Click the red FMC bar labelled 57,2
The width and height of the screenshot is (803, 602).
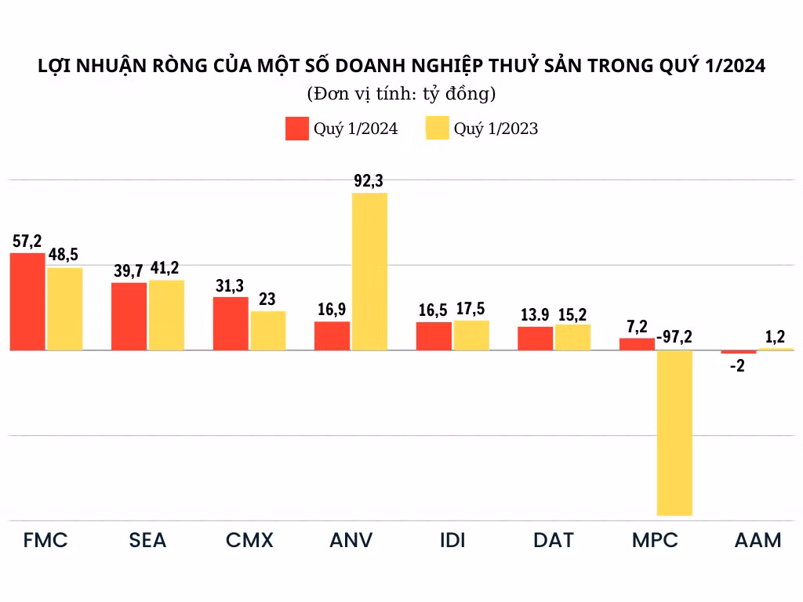click(27, 301)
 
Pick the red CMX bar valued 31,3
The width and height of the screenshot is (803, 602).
click(231, 323)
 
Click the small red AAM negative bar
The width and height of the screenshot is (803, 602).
click(739, 352)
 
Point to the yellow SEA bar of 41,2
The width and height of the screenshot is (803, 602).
click(166, 314)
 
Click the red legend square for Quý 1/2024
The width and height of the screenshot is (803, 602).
click(296, 129)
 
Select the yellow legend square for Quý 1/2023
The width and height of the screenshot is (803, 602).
click(437, 129)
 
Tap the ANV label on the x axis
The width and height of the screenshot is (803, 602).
click(351, 540)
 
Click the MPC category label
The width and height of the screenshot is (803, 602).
click(655, 540)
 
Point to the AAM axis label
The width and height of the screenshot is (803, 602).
click(758, 540)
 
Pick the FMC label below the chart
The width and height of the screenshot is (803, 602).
click(45, 540)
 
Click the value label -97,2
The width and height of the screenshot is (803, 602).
click(675, 338)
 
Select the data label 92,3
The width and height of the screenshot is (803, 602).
click(369, 181)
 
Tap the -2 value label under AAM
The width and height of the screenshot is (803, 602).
click(737, 365)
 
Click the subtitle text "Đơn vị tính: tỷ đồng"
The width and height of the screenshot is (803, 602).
click(401, 95)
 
